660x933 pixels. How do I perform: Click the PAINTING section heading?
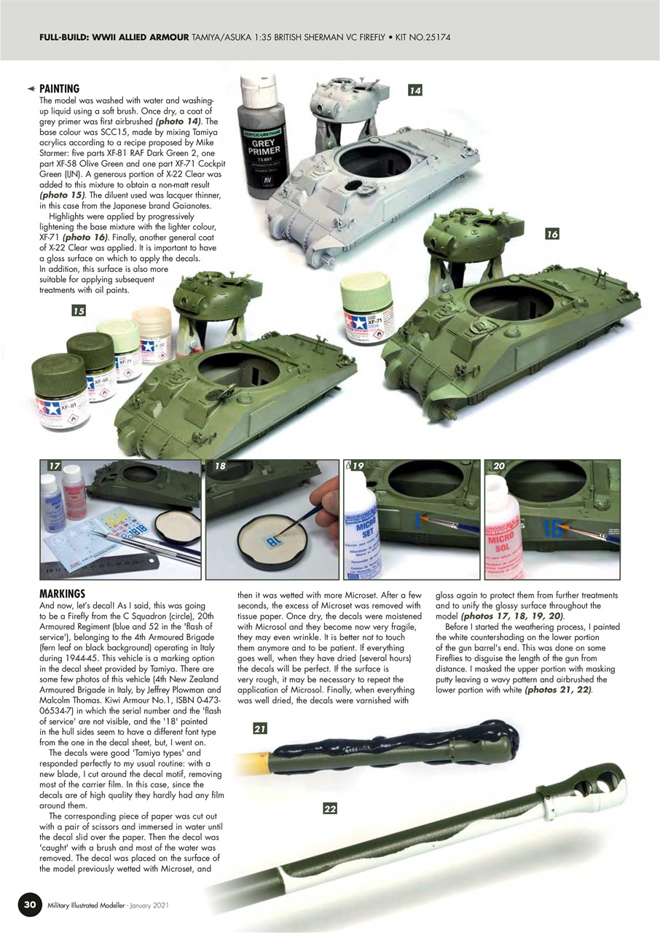click(59, 88)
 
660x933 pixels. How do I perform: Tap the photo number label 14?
click(415, 90)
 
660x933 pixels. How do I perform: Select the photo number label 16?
click(551, 234)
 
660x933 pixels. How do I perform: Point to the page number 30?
click(28, 905)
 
